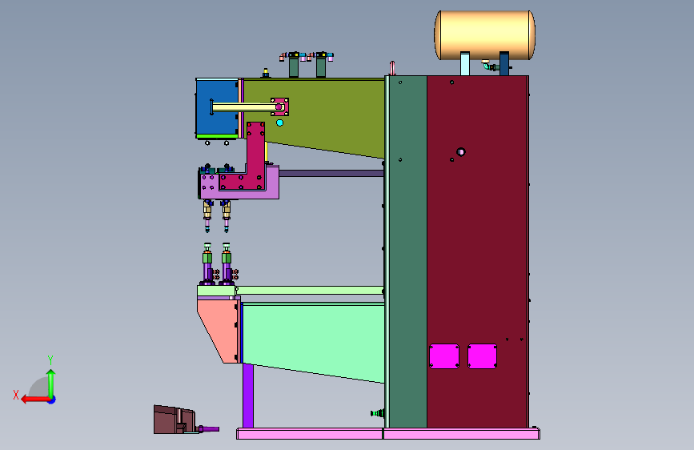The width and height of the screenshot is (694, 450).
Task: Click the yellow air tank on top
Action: [x=484, y=35]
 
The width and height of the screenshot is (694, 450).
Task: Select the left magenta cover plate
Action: [x=444, y=356]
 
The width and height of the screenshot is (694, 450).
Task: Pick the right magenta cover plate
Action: [x=482, y=356]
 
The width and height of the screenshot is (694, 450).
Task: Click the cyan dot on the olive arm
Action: [x=279, y=123]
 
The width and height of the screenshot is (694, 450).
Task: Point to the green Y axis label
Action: [x=50, y=360]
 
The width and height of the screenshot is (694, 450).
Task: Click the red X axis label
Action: [x=16, y=395]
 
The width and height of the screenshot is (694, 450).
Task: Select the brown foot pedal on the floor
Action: [x=175, y=420]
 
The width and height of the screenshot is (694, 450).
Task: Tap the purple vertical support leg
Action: [x=248, y=396]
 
